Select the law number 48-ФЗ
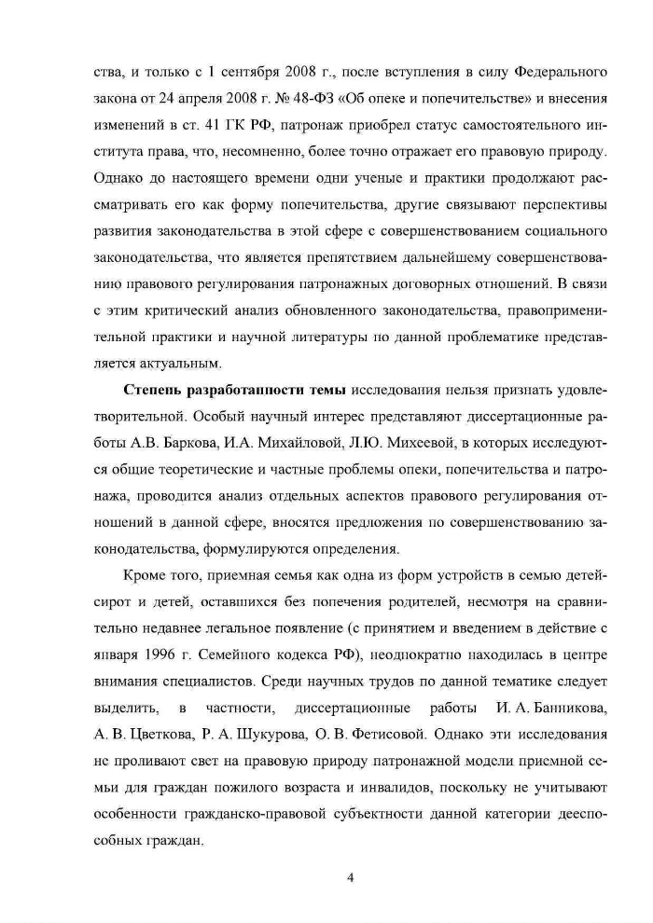coord(336,97)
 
